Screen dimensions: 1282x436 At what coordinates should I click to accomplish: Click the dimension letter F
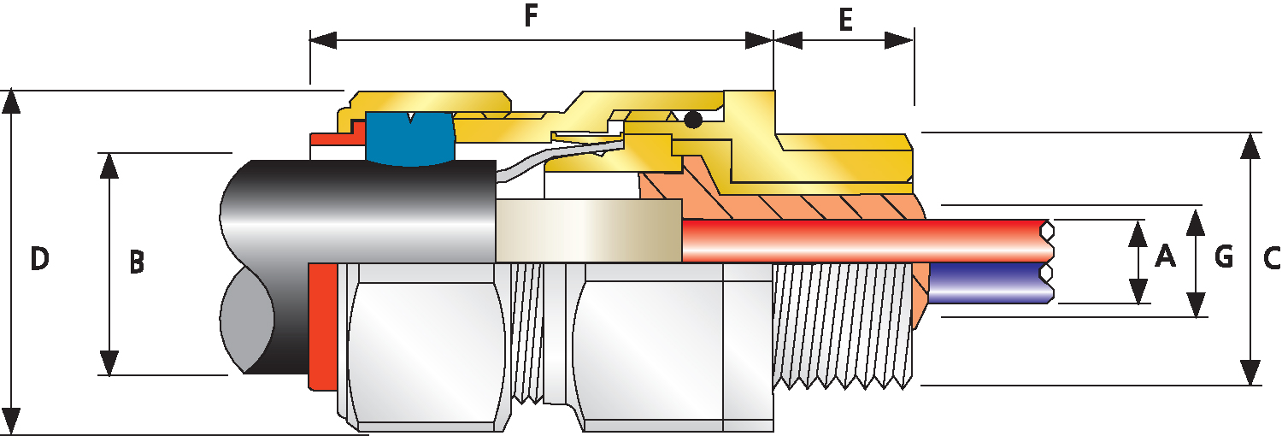coord(531,16)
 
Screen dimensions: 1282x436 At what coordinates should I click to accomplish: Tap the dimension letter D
coord(39,259)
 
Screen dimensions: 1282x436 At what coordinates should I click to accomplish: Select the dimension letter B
coord(136,262)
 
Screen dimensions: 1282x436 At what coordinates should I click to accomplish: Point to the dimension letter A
coord(1165,256)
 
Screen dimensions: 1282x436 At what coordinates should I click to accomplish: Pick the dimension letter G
coord(1224,257)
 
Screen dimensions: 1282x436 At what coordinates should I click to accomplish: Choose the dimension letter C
coord(1271,259)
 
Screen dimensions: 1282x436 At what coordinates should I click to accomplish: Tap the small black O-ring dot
coord(693,120)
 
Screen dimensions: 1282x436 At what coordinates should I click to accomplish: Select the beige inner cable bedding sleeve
coord(588,231)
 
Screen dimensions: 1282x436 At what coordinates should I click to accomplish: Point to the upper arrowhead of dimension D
coord(11,103)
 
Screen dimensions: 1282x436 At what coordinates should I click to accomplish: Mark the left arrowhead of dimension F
coord(323,40)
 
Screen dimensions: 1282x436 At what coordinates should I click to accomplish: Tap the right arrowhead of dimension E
coord(900,40)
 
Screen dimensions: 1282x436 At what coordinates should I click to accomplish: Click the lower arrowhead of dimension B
coord(109,362)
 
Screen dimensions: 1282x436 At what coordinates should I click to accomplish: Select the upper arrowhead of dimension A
coord(1138,233)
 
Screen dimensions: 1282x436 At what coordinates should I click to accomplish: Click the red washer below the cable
coord(322,327)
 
